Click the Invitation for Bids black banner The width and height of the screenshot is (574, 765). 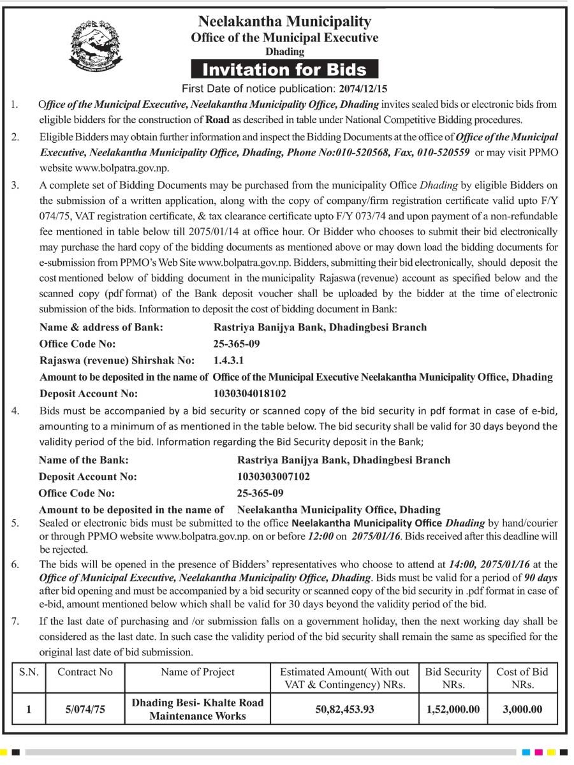[x=284, y=69]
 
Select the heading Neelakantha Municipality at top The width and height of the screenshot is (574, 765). [x=284, y=22]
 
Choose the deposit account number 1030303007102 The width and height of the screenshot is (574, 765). [x=274, y=476]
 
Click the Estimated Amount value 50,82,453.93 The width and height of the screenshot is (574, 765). [x=344, y=709]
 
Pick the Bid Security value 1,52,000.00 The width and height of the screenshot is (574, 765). [x=453, y=709]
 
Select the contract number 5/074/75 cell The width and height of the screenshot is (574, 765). [x=85, y=709]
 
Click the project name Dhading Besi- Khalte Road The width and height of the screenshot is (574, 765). [x=197, y=703]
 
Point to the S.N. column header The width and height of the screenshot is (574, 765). [x=28, y=672]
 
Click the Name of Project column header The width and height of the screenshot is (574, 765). [x=197, y=672]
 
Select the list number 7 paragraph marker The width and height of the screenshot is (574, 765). [x=15, y=621]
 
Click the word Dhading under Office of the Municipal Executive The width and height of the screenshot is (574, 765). [x=284, y=52]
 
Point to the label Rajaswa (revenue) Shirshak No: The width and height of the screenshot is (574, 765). [x=117, y=360]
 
